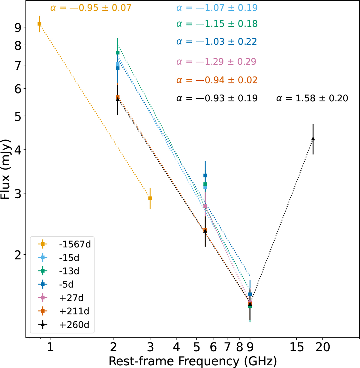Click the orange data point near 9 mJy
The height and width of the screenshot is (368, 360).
39,24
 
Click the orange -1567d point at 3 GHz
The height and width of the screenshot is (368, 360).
150,198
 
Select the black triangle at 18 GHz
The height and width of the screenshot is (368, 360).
313,139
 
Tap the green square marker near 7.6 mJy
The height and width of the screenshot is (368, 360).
118,53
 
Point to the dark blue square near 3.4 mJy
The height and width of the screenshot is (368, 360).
205,175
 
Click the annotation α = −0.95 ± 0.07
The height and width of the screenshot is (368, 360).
91,7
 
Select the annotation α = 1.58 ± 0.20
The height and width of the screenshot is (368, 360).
312,98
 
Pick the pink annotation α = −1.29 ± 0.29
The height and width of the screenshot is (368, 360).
216,62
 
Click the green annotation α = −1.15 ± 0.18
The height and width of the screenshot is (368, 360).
217,24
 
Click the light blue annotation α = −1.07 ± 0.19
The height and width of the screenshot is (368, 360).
217,7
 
